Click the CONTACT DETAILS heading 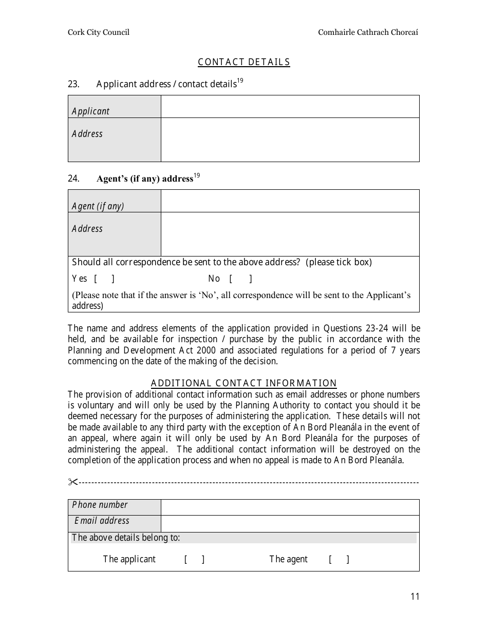(x=244, y=62)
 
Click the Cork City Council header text (x=99, y=32)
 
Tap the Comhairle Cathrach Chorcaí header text (x=368, y=32)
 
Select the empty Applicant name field (x=290, y=107)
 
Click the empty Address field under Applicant (x=290, y=140)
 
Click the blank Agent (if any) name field (x=290, y=201)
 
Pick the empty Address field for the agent (x=290, y=234)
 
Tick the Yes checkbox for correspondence (x=104, y=279)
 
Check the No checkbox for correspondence (x=240, y=279)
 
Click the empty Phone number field (x=290, y=507)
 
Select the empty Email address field (x=290, y=524)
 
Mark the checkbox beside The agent (x=339, y=559)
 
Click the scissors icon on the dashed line (x=72, y=482)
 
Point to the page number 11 (x=415, y=596)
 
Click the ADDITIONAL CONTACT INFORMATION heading (x=244, y=383)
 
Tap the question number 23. (x=73, y=84)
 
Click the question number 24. (x=73, y=179)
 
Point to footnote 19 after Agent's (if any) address (x=197, y=176)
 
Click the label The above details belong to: (x=126, y=538)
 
